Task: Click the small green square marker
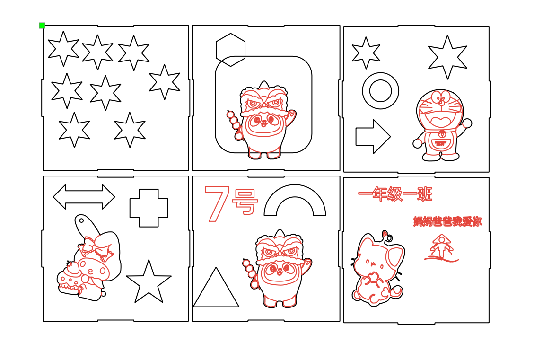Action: click(42, 26)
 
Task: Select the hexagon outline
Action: click(230, 50)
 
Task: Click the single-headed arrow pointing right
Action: click(372, 137)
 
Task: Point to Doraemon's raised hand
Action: click(467, 123)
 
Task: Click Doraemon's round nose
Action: click(441, 102)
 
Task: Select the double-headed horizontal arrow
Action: click(84, 197)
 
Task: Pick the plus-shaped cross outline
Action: click(149, 208)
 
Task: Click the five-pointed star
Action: click(149, 283)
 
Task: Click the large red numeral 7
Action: click(217, 203)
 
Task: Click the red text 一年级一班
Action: click(395, 194)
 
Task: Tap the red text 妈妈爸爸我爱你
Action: click(447, 221)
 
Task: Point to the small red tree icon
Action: click(441, 247)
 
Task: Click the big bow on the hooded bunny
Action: click(95, 246)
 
